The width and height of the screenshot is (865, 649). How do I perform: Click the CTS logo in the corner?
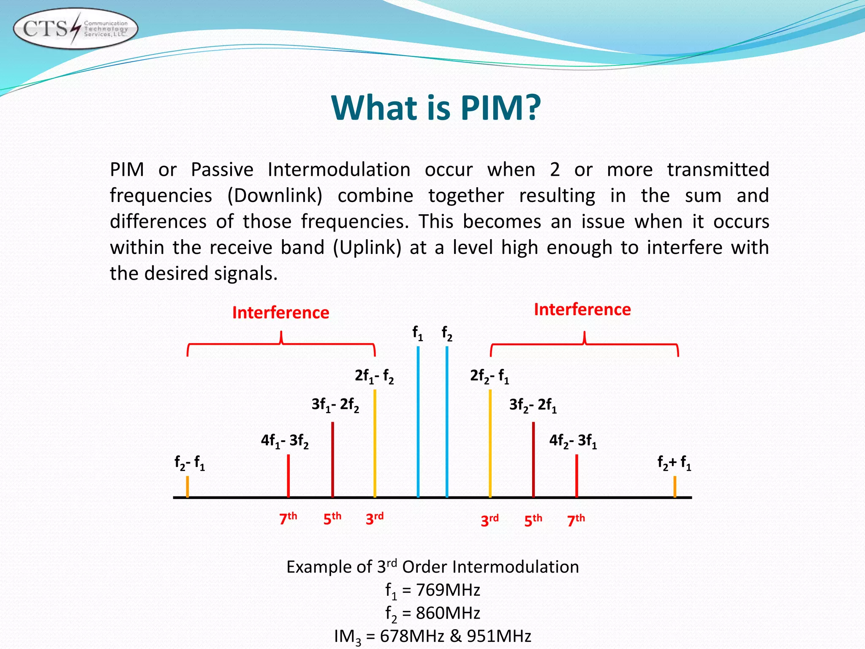click(75, 29)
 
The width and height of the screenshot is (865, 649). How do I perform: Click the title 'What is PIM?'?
click(436, 108)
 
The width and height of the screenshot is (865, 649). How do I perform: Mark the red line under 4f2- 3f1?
click(577, 476)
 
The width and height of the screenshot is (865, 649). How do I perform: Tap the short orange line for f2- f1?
click(188, 487)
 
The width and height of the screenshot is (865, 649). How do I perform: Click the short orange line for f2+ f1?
click(675, 487)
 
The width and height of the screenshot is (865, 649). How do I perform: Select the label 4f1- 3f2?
click(285, 441)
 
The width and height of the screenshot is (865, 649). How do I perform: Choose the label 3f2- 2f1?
click(533, 405)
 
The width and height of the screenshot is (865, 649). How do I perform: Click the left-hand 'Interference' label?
click(280, 313)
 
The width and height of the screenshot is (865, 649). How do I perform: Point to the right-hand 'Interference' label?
click(582, 309)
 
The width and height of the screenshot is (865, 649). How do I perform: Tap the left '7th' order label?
click(288, 518)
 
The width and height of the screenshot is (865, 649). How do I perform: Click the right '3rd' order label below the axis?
click(490, 520)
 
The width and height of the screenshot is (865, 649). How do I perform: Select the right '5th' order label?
click(533, 520)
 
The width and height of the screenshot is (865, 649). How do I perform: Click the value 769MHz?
click(448, 590)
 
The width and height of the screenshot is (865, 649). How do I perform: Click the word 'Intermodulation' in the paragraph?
click(339, 170)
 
